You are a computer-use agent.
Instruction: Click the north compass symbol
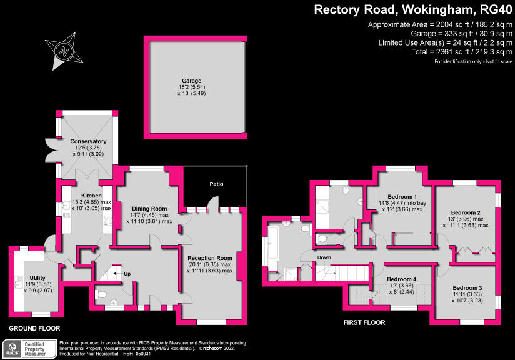point(62,52)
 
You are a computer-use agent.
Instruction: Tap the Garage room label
point(192,81)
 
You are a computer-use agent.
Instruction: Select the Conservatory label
point(88,142)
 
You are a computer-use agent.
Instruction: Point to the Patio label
point(216,184)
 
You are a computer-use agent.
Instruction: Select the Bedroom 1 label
point(402,195)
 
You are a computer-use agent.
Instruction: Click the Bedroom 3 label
point(469,287)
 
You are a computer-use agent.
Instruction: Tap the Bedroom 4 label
point(401,279)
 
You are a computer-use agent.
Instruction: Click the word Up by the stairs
point(126,273)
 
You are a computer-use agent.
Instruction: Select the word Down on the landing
point(324,257)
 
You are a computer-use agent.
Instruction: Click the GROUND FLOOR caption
point(35,328)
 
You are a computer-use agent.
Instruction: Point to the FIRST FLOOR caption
point(364,323)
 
